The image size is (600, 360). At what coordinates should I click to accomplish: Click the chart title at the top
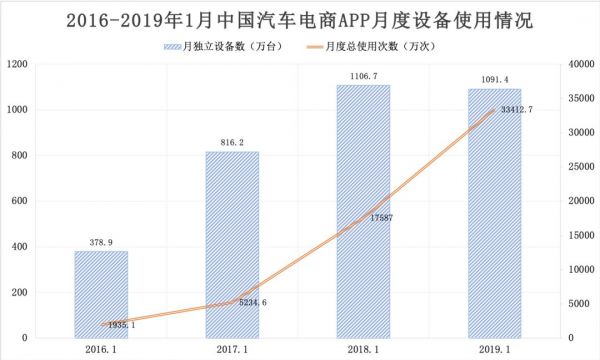click(x=299, y=20)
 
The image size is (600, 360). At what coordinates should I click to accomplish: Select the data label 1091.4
click(x=494, y=79)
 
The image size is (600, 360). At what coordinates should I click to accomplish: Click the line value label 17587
click(x=377, y=217)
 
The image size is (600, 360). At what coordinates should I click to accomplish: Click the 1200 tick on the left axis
click(x=17, y=64)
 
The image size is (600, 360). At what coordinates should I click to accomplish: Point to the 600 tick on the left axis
click(x=20, y=201)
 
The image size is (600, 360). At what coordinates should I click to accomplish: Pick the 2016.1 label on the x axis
click(x=100, y=349)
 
